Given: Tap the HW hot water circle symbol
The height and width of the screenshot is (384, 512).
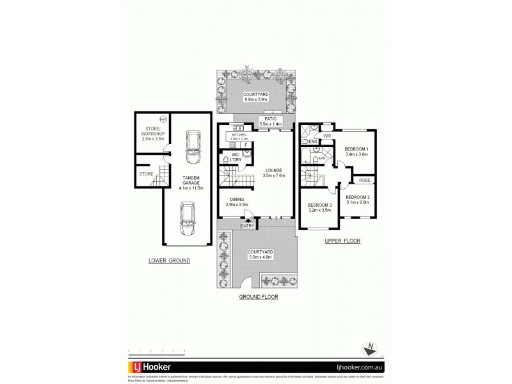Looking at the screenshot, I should click(163, 120).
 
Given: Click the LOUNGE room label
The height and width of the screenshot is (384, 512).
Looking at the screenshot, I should click(273, 172).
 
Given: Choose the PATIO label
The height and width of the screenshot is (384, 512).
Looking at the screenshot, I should click(266, 120).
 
